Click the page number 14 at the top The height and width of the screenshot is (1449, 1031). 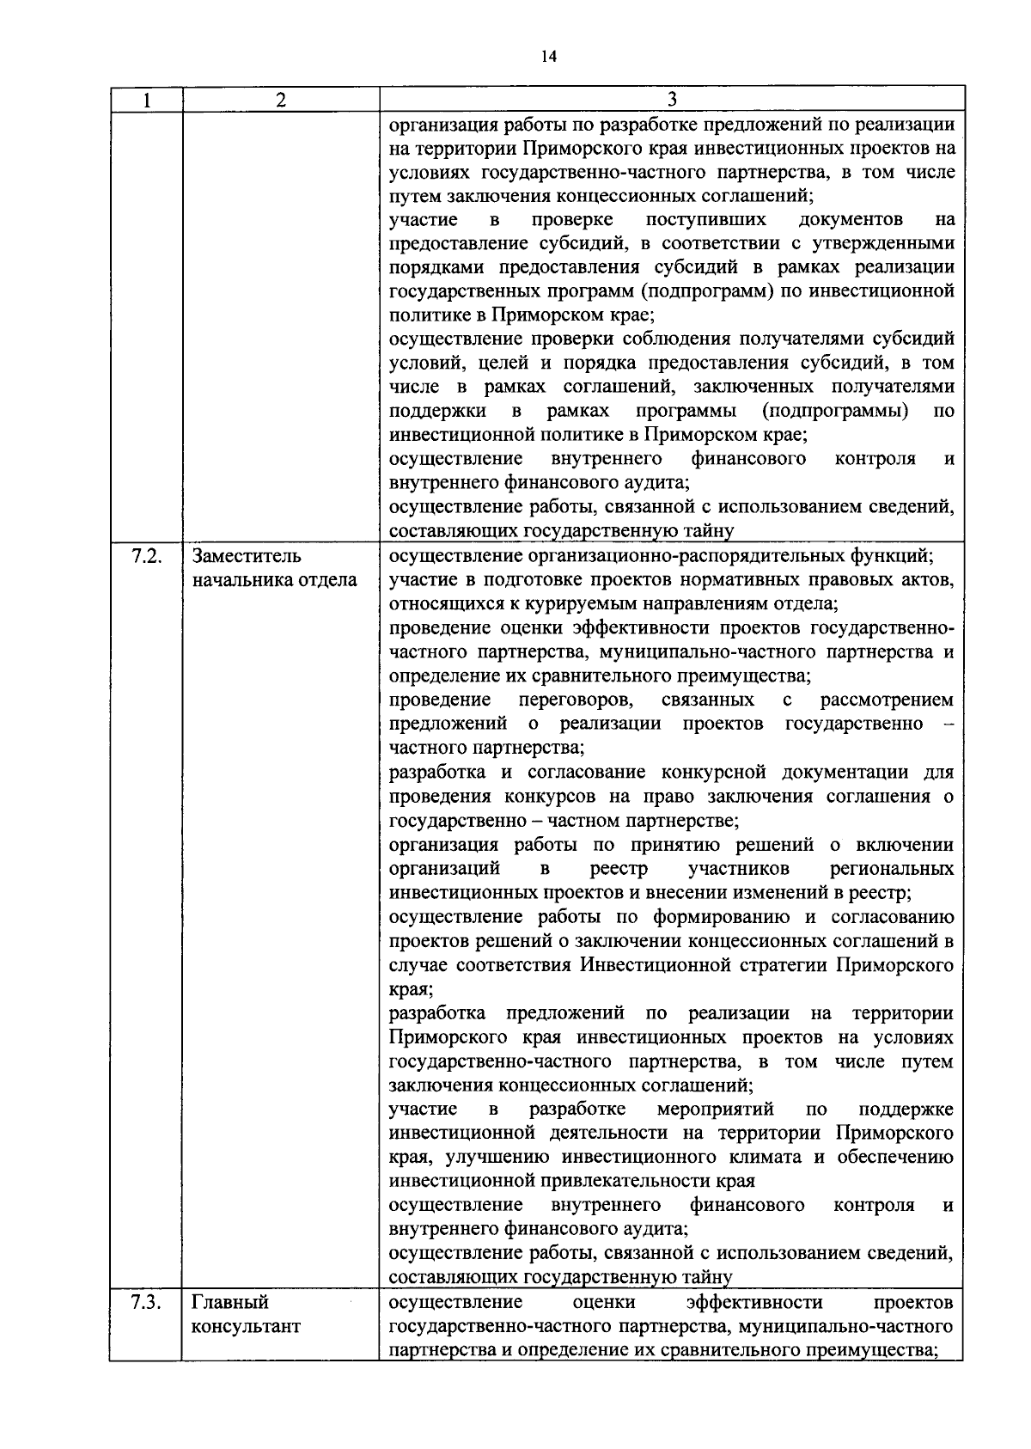click(549, 57)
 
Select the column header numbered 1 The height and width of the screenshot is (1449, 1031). click(146, 100)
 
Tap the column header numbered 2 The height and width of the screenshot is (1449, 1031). click(281, 100)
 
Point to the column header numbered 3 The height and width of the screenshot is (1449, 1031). click(671, 100)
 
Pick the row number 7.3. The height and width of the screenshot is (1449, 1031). click(146, 1302)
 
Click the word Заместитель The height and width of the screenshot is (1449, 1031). click(247, 556)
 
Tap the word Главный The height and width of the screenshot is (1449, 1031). click(230, 1302)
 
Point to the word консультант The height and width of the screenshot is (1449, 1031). click(246, 1326)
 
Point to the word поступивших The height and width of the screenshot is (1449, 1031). click(706, 219)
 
